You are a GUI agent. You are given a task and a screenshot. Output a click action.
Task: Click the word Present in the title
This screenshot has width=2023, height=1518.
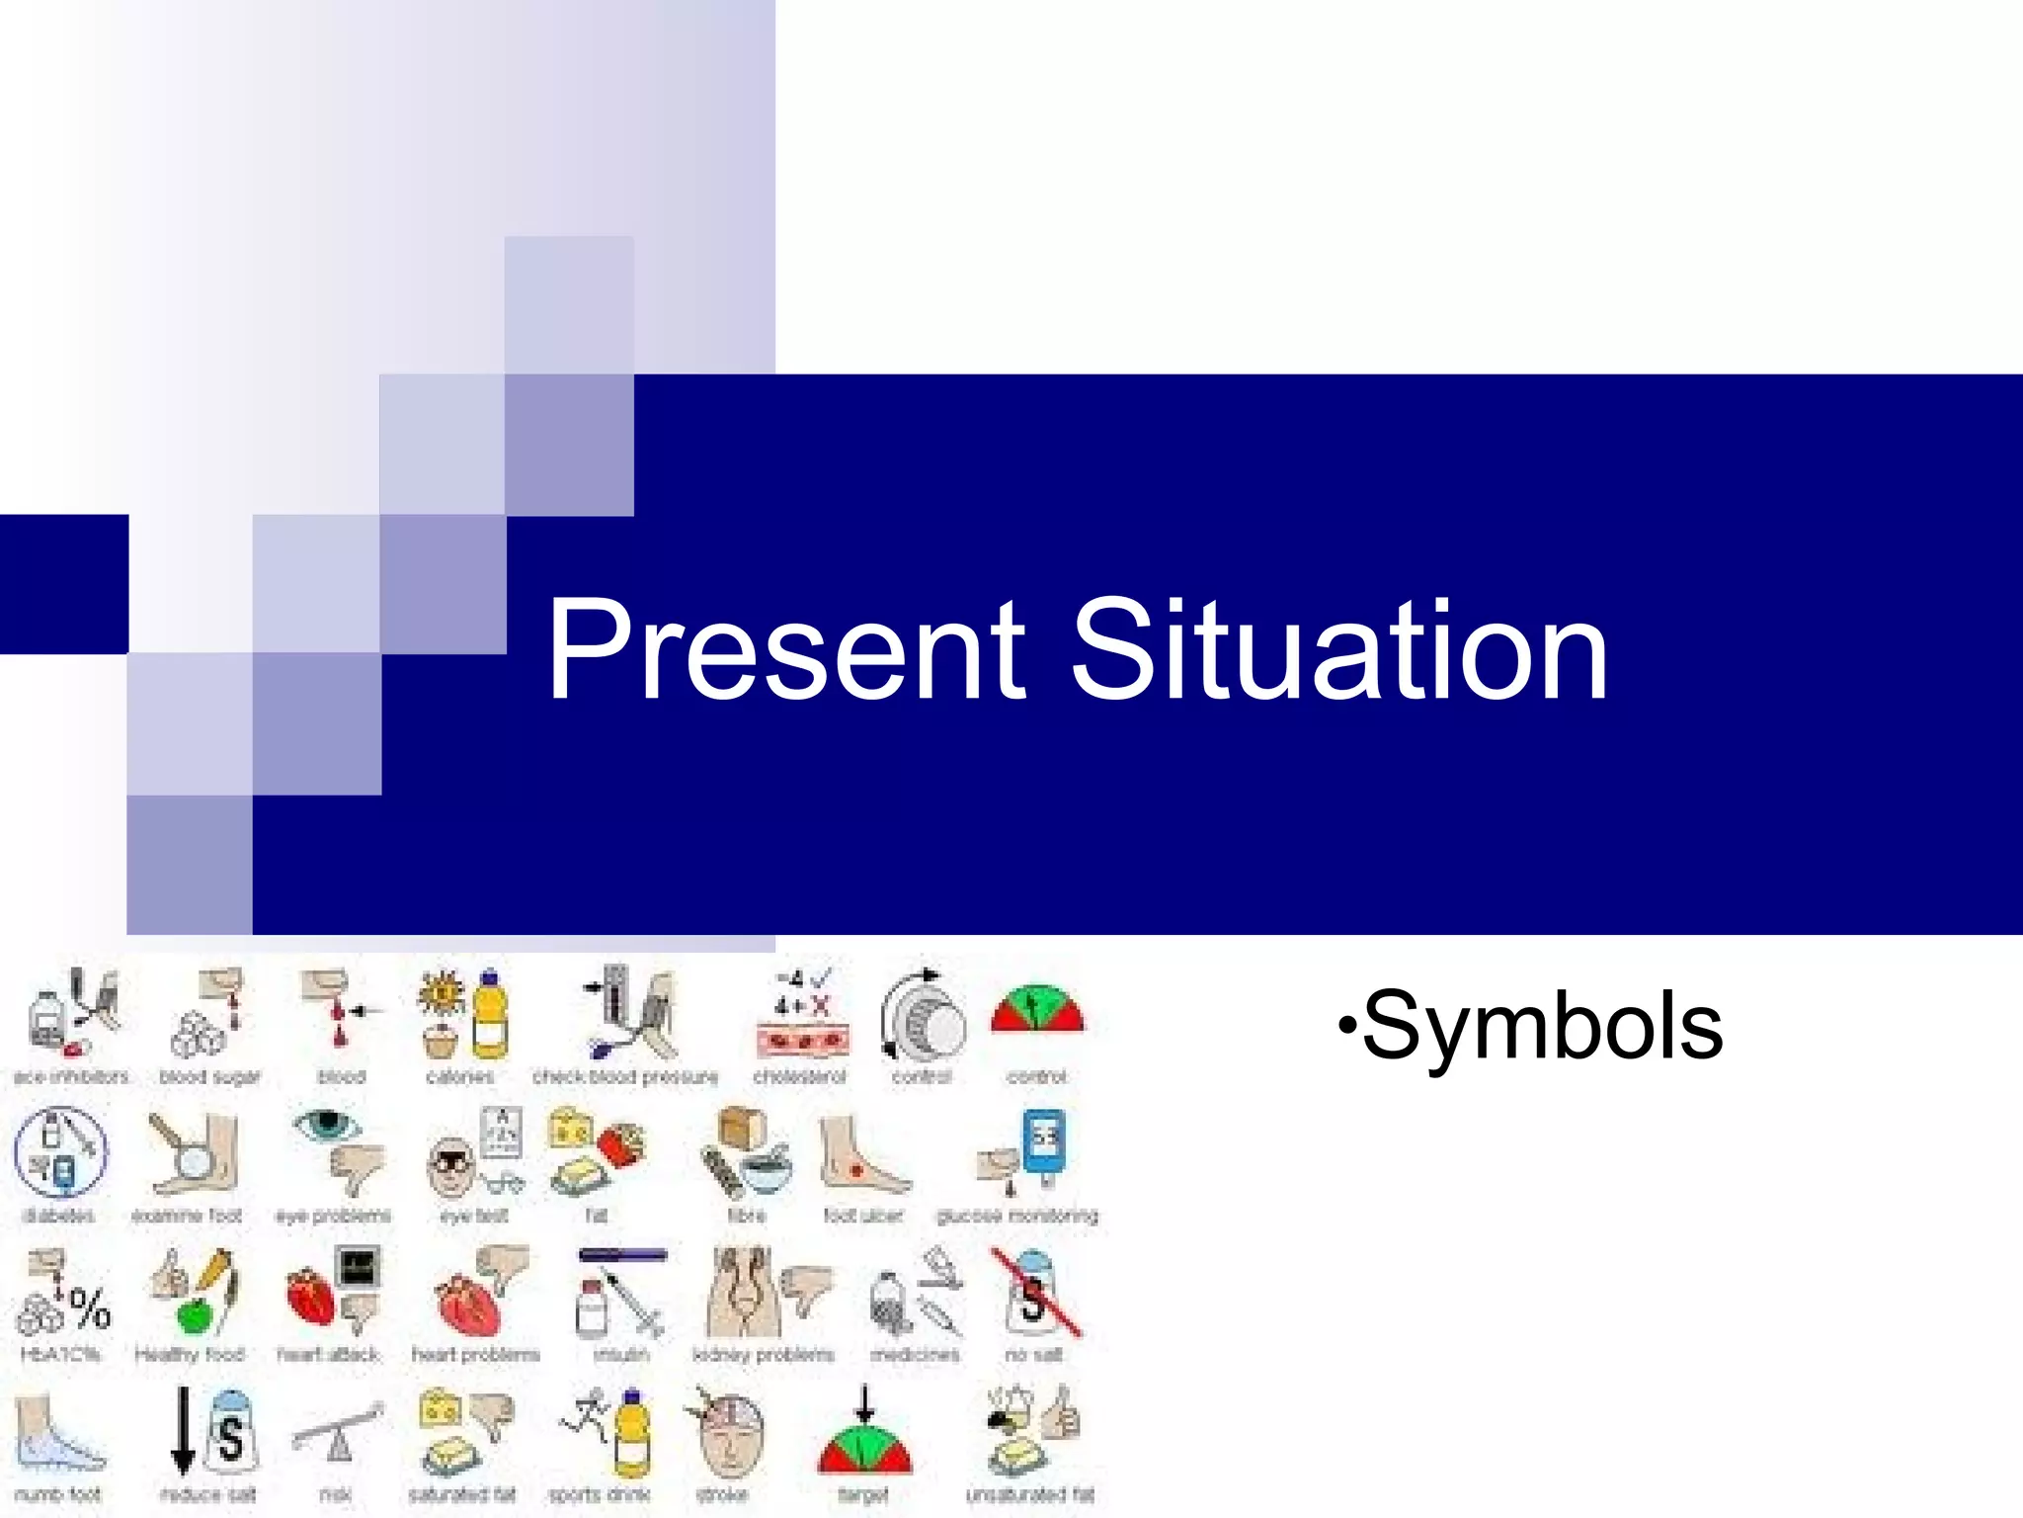click(786, 652)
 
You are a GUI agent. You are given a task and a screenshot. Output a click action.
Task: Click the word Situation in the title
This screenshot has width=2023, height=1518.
click(1339, 652)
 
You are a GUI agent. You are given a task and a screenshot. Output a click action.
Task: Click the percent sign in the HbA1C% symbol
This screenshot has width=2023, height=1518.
click(90, 1309)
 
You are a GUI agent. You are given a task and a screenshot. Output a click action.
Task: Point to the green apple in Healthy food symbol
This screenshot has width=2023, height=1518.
click(195, 1316)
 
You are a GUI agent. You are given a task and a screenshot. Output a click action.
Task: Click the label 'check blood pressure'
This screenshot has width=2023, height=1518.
click(625, 1076)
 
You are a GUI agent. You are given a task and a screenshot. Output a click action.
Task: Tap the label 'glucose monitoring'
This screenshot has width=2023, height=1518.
click(1017, 1215)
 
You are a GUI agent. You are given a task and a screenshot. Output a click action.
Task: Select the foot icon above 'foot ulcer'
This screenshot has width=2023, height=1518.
click(861, 1156)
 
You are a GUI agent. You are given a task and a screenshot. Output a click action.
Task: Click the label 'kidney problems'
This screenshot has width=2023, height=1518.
click(764, 1354)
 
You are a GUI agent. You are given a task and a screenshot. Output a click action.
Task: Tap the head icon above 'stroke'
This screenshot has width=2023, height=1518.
click(729, 1433)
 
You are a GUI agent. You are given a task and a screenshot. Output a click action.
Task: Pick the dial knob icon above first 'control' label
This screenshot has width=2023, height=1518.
click(924, 1018)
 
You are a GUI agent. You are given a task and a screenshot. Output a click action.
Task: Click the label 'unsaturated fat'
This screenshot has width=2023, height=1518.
click(1030, 1495)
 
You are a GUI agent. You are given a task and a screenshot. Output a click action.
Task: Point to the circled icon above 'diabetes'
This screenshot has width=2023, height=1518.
click(60, 1152)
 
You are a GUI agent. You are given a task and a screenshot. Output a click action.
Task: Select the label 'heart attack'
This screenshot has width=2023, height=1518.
click(328, 1354)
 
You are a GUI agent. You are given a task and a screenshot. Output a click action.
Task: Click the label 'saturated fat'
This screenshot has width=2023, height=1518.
click(462, 1495)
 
